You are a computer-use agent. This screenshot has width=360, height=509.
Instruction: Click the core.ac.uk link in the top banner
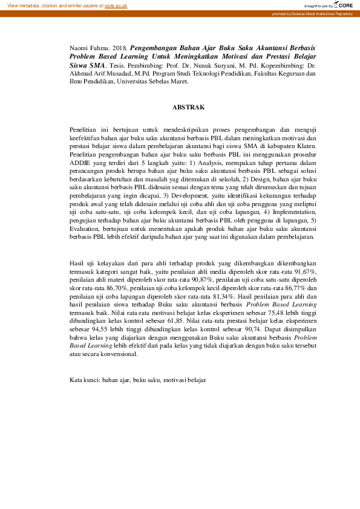(x=116, y=5)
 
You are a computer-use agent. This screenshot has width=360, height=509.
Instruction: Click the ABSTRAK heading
(x=189, y=107)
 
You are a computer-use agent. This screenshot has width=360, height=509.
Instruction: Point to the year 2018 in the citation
(x=120, y=47)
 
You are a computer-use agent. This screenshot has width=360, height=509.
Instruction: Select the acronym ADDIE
(x=81, y=163)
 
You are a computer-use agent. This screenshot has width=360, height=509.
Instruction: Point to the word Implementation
(x=291, y=212)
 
